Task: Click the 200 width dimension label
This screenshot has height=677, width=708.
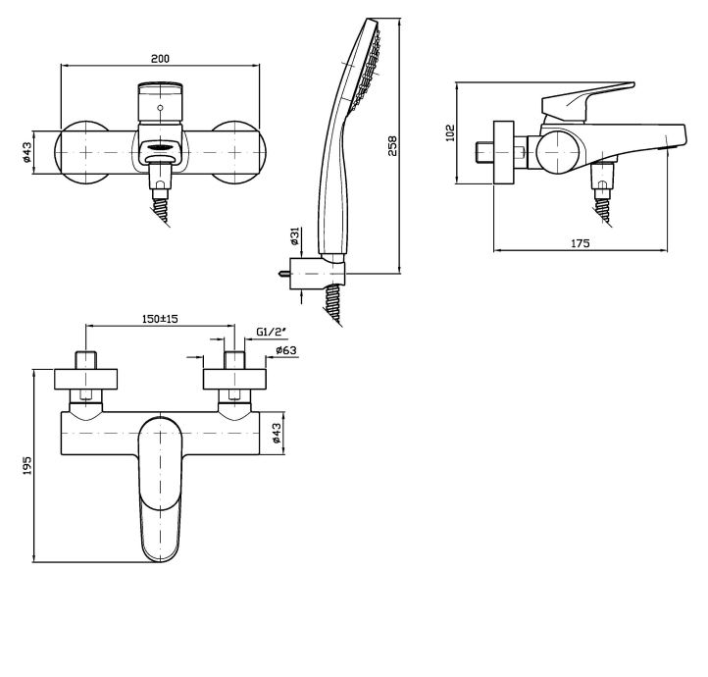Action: (160, 59)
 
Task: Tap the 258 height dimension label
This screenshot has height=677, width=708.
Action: (392, 145)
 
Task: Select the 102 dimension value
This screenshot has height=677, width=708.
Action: (450, 132)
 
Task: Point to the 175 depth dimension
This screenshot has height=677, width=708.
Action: (581, 243)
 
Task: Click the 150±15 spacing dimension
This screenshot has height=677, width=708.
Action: (160, 319)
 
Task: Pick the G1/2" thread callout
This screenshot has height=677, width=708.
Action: (272, 332)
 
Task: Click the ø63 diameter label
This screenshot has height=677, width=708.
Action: (285, 350)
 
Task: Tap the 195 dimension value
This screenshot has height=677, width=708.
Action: (27, 465)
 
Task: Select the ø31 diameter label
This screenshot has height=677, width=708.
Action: (295, 236)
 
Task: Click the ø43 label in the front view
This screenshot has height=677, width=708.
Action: (27, 152)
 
